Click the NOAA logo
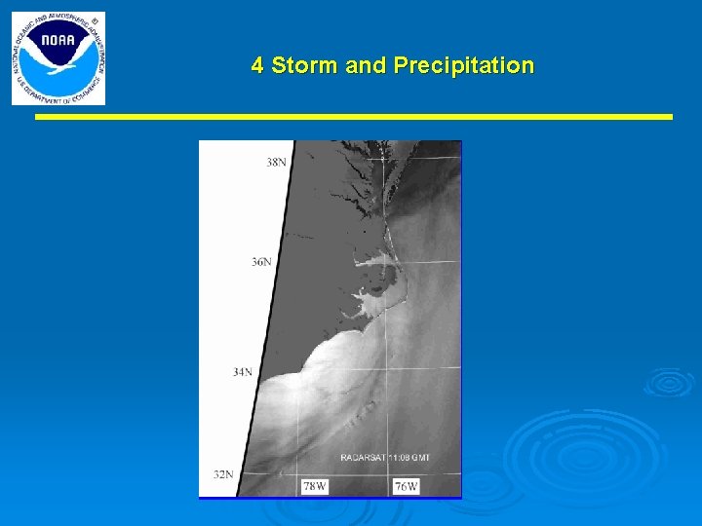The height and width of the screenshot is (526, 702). click(x=58, y=58)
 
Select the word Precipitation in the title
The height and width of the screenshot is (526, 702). click(x=463, y=65)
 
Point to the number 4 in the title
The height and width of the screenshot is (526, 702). click(x=257, y=65)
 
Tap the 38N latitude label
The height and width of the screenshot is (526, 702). click(x=277, y=162)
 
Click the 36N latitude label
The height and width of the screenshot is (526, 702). click(x=261, y=262)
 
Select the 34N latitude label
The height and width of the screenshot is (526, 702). click(x=243, y=371)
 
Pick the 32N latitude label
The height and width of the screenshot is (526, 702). click(x=223, y=474)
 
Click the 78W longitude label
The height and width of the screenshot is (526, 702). click(x=314, y=486)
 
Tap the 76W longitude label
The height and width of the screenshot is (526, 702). click(x=407, y=486)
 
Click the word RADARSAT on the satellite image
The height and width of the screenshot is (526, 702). click(x=364, y=457)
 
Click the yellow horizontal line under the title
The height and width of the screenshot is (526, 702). click(x=354, y=117)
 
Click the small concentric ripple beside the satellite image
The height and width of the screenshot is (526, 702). click(x=670, y=382)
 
